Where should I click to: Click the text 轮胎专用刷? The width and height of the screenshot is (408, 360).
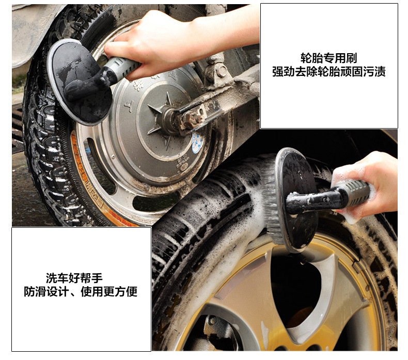328,58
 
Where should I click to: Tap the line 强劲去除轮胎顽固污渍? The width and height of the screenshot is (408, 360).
328,72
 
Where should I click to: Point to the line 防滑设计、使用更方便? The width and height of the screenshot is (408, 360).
81,292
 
